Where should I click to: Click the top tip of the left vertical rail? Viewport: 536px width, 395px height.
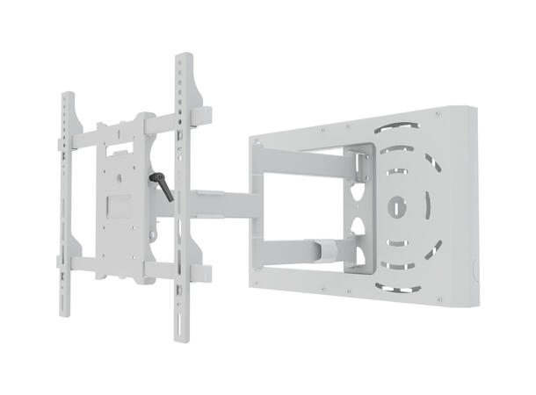(67, 94)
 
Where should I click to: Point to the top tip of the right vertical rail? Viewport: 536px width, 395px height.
(184, 57)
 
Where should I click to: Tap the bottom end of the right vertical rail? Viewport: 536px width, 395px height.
(185, 338)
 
